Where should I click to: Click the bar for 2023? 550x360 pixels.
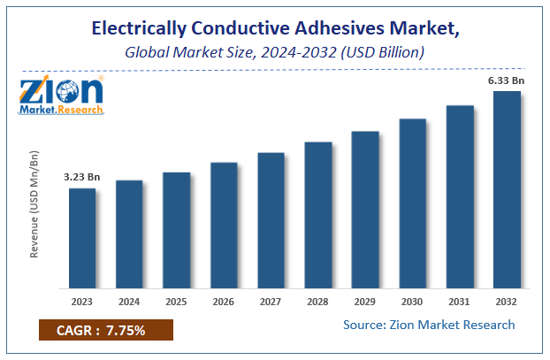point(82,238)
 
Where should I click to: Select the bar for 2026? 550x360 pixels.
point(224,225)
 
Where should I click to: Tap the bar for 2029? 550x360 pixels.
point(365,210)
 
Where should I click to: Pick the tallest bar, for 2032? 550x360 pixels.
point(507,189)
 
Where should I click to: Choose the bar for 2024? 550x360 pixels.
point(129,234)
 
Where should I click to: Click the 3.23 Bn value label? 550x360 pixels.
point(82,178)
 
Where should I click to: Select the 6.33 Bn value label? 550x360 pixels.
point(507,80)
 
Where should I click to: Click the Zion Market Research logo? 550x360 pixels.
point(61,95)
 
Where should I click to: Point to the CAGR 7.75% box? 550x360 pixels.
point(105,330)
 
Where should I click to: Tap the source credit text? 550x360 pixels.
point(429,325)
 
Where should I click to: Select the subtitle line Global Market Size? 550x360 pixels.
point(274,52)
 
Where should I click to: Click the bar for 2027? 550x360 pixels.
point(271,220)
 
